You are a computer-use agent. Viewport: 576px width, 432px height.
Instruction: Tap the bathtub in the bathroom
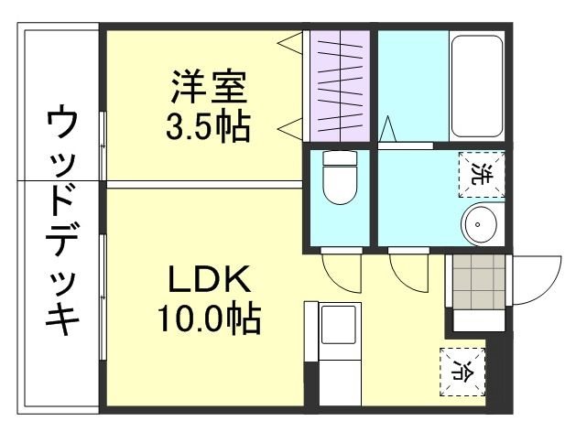point(477,88)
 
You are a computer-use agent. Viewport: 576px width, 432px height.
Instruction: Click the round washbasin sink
point(480,222)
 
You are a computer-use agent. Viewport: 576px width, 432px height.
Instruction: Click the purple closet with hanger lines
point(339,87)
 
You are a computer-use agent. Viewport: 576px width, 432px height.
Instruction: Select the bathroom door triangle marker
point(388,129)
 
